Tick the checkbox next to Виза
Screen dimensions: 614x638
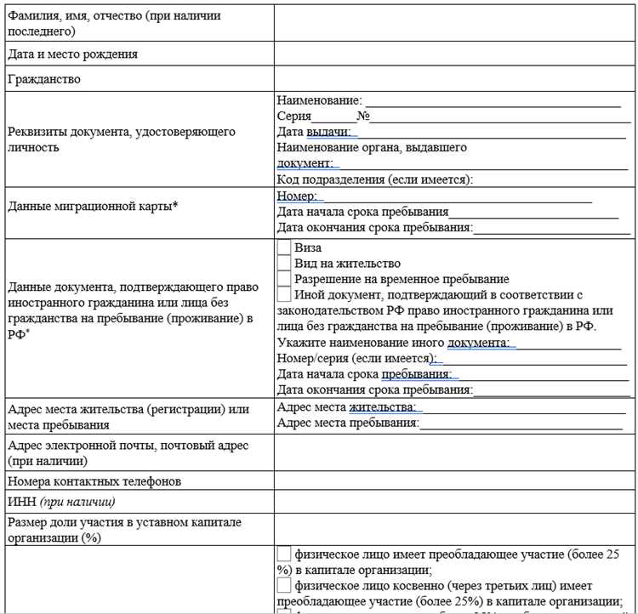(x=284, y=248)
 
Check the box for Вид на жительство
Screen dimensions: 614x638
(x=284, y=264)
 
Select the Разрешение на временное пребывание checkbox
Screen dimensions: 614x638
(x=284, y=279)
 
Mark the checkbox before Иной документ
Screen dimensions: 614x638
(x=284, y=294)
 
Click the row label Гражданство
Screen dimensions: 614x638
(x=43, y=79)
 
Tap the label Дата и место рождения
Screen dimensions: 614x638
(x=71, y=54)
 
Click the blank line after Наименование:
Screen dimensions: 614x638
(x=493, y=101)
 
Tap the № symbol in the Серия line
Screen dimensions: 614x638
(x=362, y=117)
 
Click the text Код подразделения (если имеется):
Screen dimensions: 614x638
(x=375, y=179)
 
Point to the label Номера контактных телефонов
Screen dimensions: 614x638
(x=93, y=481)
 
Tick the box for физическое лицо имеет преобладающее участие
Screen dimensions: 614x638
(x=284, y=554)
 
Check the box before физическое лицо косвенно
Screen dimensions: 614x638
(x=284, y=586)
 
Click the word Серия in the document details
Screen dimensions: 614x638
(x=293, y=117)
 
